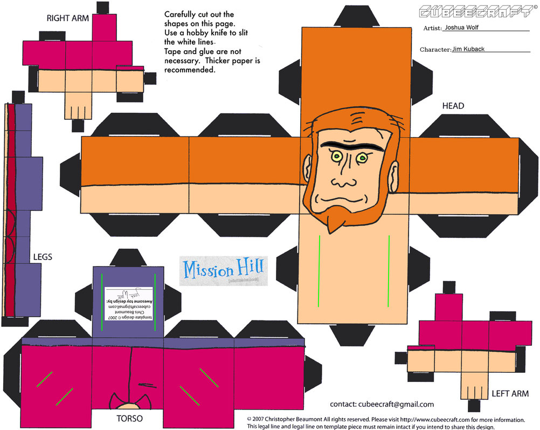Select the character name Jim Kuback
click(x=468, y=49)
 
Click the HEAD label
click(x=453, y=106)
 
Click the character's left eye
click(x=337, y=156)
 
